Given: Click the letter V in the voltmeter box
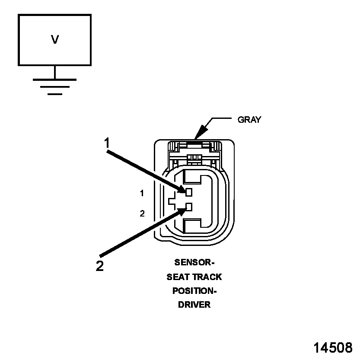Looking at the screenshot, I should (55, 40).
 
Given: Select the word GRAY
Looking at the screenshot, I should (249, 120).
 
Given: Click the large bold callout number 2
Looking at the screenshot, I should (100, 266).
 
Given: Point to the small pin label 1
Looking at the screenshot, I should (142, 194).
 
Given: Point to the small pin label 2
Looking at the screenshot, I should (142, 213).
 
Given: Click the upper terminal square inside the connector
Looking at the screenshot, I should (189, 191).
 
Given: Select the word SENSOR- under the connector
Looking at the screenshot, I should (194, 262).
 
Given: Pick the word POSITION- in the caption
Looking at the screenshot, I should (194, 290).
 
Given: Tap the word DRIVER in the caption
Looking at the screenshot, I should (194, 304).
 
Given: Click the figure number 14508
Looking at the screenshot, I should (332, 347).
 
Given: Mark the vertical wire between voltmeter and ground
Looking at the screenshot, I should (54, 72).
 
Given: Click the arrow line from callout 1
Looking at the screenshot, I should (145, 169).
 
